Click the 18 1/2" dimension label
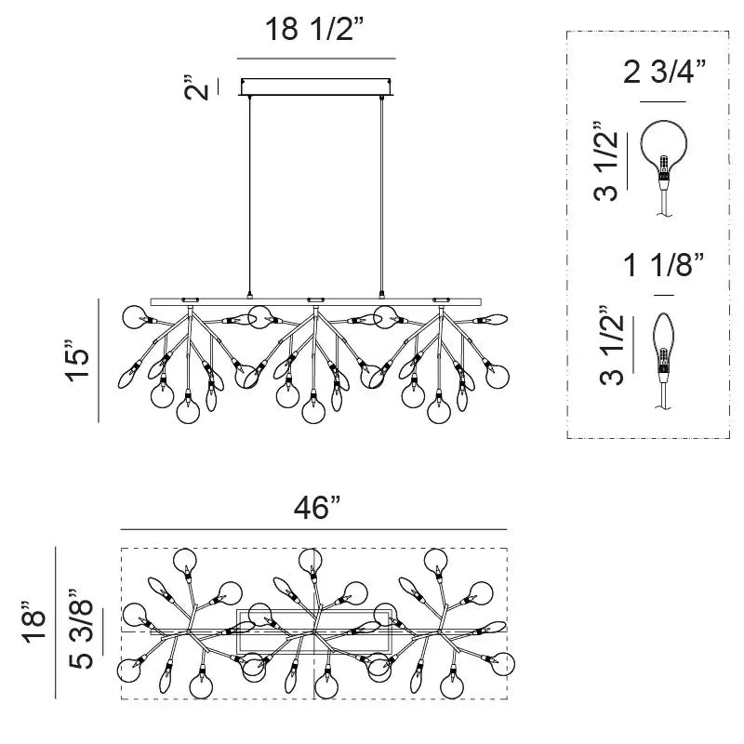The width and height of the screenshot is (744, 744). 315,30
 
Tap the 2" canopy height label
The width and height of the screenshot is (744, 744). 196,86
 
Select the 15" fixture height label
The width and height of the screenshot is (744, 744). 77,361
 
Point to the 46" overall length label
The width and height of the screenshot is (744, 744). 317,507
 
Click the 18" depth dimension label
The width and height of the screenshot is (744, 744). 34,622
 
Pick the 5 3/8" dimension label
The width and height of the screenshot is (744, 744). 81,630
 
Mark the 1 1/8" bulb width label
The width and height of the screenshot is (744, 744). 664,265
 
